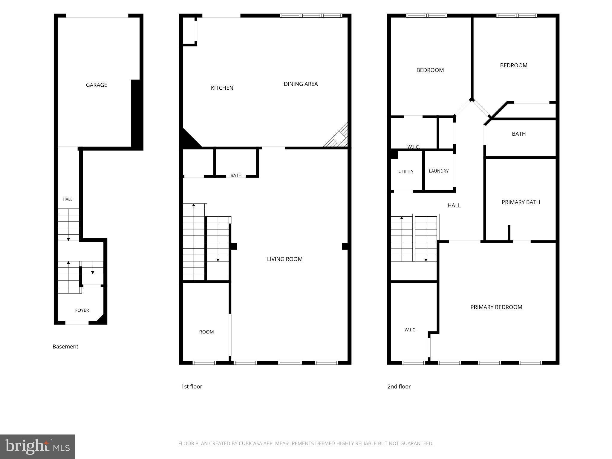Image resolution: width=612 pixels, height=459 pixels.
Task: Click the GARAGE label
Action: (x=97, y=85)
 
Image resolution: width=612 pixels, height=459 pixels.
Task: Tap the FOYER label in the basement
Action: (x=82, y=310)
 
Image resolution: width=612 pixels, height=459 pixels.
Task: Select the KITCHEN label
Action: (x=222, y=88)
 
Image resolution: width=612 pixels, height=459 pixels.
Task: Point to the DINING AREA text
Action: (x=301, y=84)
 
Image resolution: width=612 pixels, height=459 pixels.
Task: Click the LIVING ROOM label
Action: (x=285, y=259)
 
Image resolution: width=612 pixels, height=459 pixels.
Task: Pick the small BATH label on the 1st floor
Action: (x=236, y=175)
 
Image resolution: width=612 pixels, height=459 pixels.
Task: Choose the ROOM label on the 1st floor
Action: (x=206, y=332)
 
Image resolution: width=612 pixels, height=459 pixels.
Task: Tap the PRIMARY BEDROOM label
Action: (x=496, y=307)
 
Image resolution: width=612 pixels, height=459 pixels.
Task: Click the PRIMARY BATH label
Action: (x=521, y=202)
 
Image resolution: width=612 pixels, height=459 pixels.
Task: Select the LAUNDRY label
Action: (x=439, y=171)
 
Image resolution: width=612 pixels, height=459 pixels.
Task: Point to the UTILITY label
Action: (x=406, y=172)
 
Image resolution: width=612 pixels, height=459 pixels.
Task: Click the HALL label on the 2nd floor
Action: (x=454, y=205)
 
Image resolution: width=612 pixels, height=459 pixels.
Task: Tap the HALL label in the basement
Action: (x=68, y=199)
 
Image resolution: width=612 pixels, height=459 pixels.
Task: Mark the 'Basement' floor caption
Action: (x=65, y=347)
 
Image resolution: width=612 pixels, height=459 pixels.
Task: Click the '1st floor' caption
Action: (x=192, y=386)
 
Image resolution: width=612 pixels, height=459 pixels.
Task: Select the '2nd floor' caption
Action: (x=399, y=386)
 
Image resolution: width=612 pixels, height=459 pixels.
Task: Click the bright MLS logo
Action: (x=37, y=446)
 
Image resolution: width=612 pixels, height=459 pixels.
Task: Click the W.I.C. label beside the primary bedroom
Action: (x=410, y=330)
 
